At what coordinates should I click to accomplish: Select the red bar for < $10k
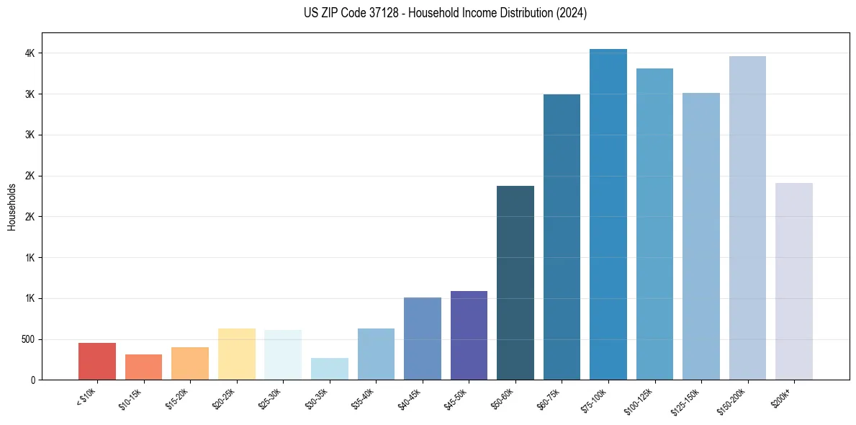tap(97, 362)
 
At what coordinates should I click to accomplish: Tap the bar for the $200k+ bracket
tap(794, 282)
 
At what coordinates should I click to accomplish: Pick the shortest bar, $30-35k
tap(330, 369)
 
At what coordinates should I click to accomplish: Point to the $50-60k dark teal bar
tap(515, 283)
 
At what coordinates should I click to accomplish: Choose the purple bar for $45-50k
tap(469, 336)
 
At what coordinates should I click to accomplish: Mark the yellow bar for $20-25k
tap(237, 354)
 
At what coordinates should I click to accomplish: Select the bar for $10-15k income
tap(143, 367)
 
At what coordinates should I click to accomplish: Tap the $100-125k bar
tap(654, 224)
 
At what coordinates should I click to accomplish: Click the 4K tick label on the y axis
tap(30, 53)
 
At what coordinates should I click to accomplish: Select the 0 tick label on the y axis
tap(33, 380)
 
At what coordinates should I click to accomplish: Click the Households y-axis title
tap(12, 207)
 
